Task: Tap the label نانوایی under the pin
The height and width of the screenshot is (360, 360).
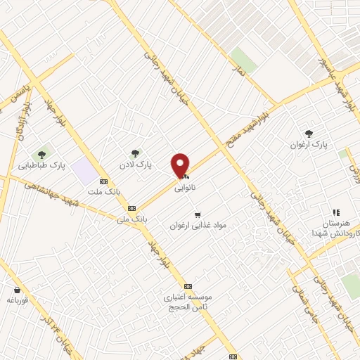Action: click(x=185, y=188)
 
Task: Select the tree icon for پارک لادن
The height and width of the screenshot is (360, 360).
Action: click(x=135, y=153)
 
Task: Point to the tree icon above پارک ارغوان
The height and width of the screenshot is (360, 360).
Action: click(x=309, y=134)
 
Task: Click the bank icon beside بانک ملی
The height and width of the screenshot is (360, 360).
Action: click(x=131, y=208)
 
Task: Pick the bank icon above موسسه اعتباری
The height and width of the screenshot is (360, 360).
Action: click(x=188, y=287)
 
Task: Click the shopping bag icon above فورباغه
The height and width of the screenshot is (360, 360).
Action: click(x=16, y=290)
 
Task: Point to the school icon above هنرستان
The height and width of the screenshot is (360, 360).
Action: click(x=336, y=212)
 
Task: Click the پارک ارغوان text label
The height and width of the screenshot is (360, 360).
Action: click(x=309, y=145)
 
